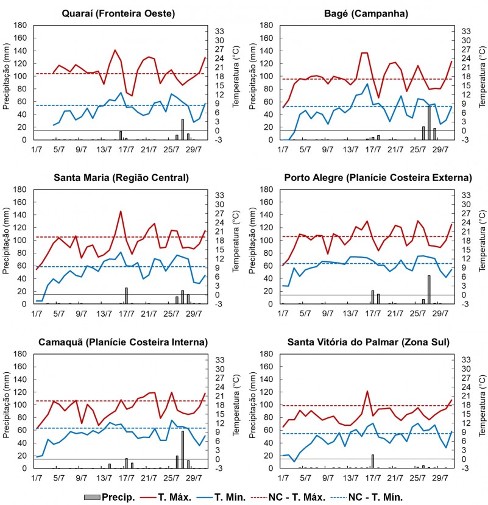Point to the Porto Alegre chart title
pos(378,178)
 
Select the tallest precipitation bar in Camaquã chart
pos(183,449)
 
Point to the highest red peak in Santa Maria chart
pos(121,211)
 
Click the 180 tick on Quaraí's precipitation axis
pos(19,26)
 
